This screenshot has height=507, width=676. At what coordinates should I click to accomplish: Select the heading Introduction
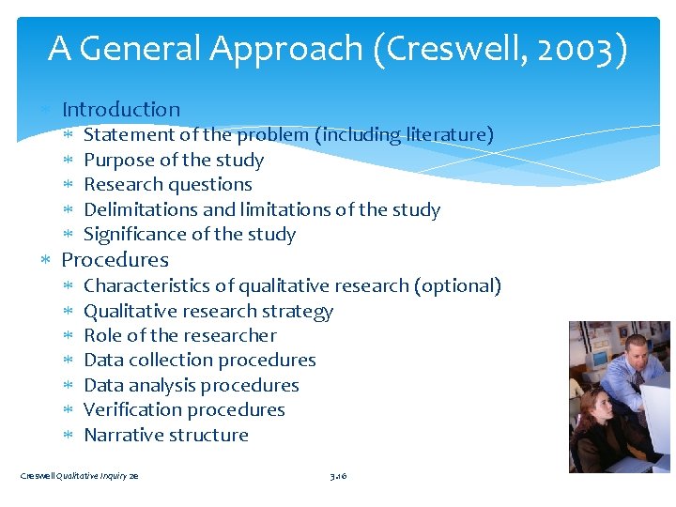tap(120, 110)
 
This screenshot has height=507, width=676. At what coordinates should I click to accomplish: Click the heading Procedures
tap(115, 260)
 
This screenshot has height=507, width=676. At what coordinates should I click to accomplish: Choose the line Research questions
tap(168, 185)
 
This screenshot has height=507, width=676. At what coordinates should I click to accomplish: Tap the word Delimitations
tap(140, 210)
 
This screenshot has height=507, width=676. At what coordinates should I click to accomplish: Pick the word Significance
tap(135, 235)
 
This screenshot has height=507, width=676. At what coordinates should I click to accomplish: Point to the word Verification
tap(131, 410)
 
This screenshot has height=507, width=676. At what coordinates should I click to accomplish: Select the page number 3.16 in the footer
tap(338, 477)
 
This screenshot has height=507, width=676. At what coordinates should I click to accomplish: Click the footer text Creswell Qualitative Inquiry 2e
tap(80, 477)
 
